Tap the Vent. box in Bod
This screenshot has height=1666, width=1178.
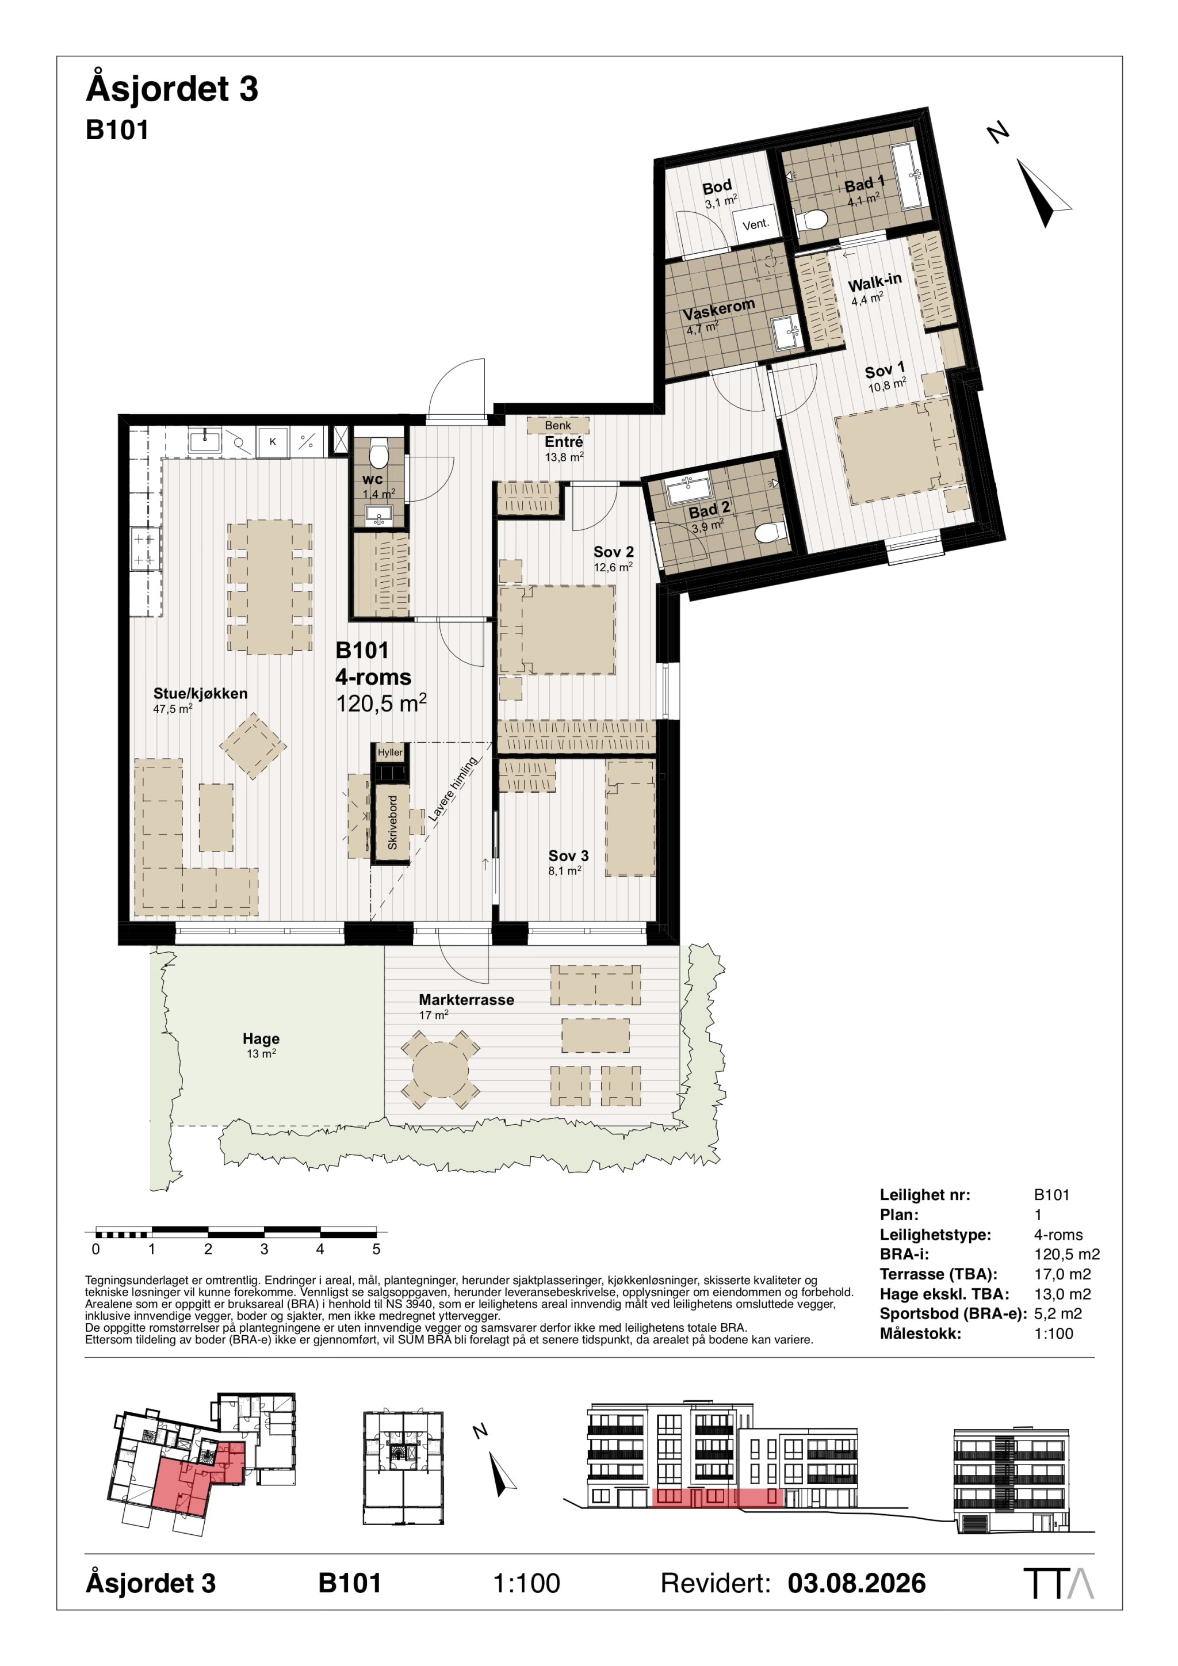coord(756,224)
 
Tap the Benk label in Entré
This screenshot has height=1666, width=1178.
coord(558,425)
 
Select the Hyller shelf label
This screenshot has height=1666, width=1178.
coord(390,752)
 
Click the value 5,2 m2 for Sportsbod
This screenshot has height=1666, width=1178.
coord(1058,1313)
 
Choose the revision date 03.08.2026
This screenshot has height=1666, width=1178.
coord(856,1583)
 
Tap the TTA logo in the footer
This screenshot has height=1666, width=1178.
coord(1058,1583)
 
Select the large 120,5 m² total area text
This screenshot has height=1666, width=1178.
coord(381,703)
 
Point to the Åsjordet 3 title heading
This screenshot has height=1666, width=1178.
coord(172,89)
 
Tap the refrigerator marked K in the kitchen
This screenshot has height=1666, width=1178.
coord(273,441)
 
